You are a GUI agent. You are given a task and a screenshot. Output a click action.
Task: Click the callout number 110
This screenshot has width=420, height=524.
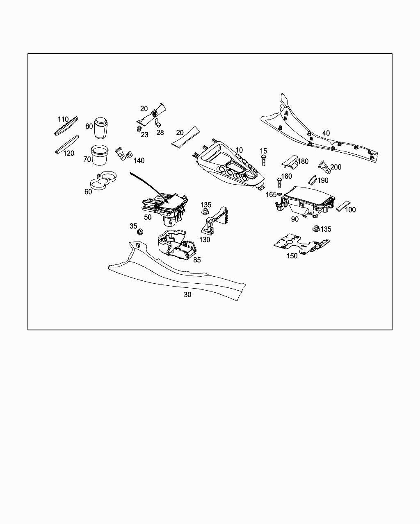[63, 119]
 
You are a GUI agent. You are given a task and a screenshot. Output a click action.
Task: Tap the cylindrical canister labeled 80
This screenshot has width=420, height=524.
[101, 128]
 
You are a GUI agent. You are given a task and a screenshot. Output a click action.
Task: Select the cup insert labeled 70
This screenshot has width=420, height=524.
[100, 155]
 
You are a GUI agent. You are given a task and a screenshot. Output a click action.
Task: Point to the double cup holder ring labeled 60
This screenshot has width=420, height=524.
[103, 180]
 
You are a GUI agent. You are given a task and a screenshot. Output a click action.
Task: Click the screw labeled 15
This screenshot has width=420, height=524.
[264, 160]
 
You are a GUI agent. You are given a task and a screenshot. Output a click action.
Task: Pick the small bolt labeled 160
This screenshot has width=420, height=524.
[279, 183]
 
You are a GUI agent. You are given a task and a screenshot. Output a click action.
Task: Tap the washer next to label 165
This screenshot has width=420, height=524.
[279, 194]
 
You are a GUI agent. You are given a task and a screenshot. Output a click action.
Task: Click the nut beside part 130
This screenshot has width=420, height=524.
[205, 212]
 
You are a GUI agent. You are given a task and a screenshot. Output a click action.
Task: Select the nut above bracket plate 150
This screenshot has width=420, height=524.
[316, 228]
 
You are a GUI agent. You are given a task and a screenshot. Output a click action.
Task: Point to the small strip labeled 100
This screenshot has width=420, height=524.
[342, 206]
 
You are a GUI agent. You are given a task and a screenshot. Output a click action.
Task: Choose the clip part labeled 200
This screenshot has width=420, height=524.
[324, 167]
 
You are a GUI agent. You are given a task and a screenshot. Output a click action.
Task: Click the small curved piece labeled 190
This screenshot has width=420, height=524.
[313, 180]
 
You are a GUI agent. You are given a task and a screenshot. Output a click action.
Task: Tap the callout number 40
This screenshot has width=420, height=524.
[326, 133]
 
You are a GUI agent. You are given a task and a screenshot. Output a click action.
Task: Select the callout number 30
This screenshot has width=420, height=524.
[187, 295]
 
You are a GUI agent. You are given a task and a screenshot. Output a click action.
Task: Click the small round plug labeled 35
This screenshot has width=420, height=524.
[139, 232]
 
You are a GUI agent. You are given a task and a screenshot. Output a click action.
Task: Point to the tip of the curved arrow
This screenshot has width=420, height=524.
[169, 202]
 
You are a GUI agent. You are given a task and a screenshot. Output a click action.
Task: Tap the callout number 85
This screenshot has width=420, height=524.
[197, 260]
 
